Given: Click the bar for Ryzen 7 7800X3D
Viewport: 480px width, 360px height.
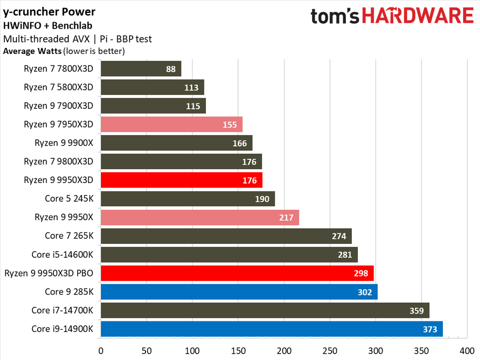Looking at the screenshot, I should (141, 69).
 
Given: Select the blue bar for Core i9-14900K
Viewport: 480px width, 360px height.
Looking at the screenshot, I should (271, 329).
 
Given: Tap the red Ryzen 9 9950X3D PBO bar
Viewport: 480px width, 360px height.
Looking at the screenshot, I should (237, 273).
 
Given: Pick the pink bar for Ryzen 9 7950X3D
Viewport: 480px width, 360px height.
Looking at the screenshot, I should (171, 125).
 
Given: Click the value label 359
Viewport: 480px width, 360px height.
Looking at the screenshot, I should (415, 311).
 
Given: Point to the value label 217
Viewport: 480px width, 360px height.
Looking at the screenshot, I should (286, 218).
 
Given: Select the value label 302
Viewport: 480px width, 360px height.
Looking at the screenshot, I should (364, 292).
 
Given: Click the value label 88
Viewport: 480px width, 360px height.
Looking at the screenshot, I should (171, 69).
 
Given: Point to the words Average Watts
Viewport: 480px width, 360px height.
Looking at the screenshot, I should (33, 51).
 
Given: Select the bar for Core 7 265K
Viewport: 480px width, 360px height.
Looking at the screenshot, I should (226, 236).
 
